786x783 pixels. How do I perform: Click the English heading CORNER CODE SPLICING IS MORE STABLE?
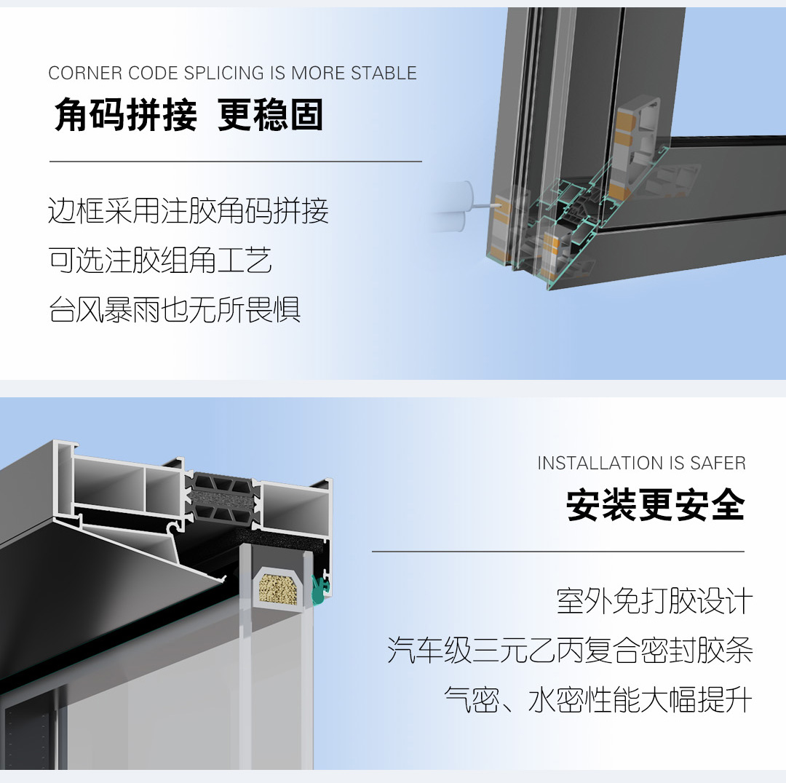pos(233,73)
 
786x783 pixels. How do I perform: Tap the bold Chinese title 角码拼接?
pos(126,115)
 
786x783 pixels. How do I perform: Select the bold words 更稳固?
pos(270,115)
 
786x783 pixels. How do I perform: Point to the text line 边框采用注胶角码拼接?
pos(188,210)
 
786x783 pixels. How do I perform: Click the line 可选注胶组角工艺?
pos(160,261)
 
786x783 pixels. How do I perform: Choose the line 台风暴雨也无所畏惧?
pos(175,309)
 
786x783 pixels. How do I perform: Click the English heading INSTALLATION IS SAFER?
pos(642,464)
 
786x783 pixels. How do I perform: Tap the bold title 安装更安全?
pos(656,504)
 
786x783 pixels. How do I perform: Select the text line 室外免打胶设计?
pos(655,600)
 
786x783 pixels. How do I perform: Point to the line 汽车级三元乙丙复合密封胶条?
pos(570,650)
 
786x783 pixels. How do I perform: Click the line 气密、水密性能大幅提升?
pos(598,700)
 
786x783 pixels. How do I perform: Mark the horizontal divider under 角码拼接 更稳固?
pos(236,162)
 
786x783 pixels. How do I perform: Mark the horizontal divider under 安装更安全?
pos(558,552)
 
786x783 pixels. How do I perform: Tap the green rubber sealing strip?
pos(319,589)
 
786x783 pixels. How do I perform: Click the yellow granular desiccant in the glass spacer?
pos(278,589)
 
